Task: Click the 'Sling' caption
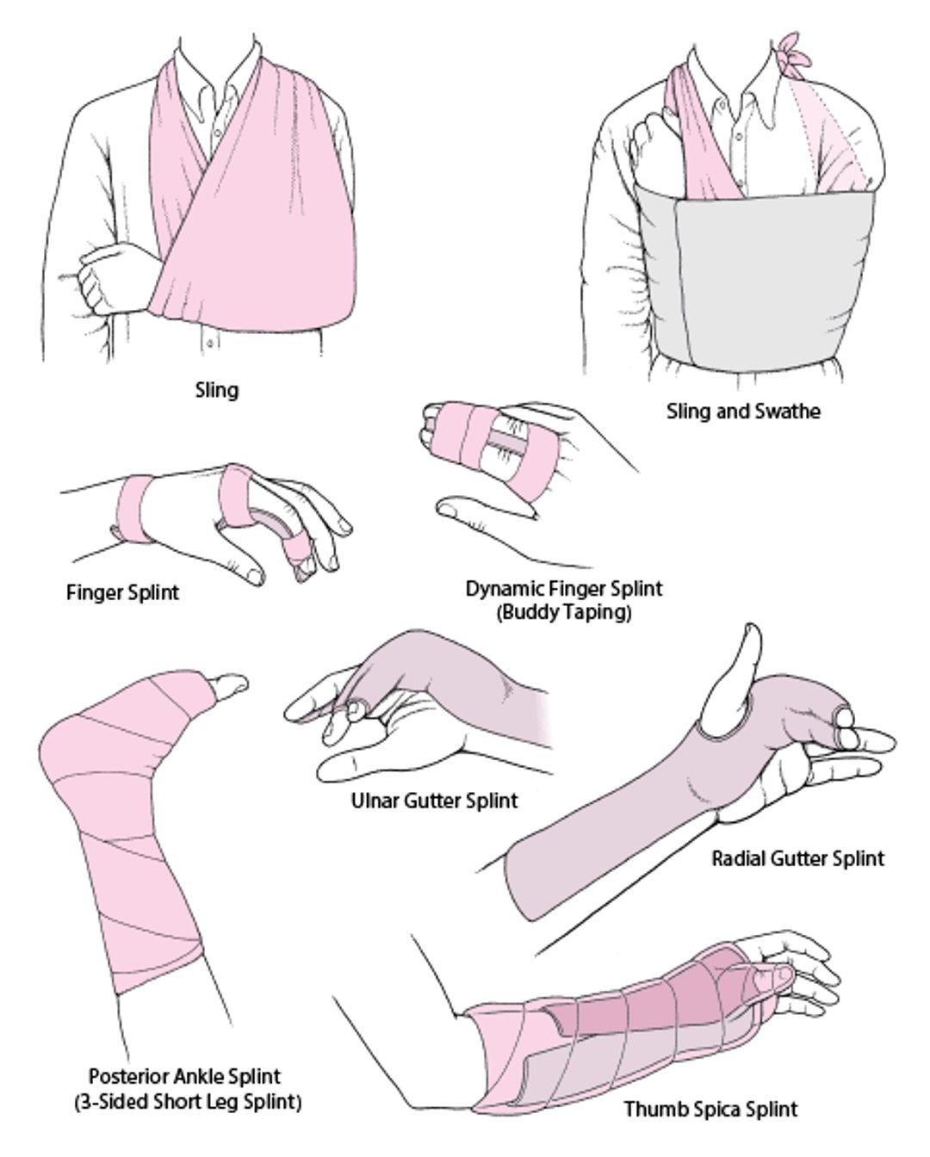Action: tap(216, 391)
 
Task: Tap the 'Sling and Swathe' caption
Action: tap(743, 411)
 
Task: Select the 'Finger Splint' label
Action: tap(123, 593)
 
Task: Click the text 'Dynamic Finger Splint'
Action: tap(564, 589)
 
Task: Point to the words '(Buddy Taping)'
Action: tap(564, 613)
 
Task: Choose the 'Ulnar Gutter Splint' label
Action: tap(435, 801)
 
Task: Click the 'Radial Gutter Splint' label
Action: tap(797, 858)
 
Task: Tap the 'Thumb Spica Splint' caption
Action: tap(710, 1109)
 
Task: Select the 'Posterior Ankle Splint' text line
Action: tap(184, 1076)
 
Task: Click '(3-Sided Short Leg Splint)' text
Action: tap(188, 1101)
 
